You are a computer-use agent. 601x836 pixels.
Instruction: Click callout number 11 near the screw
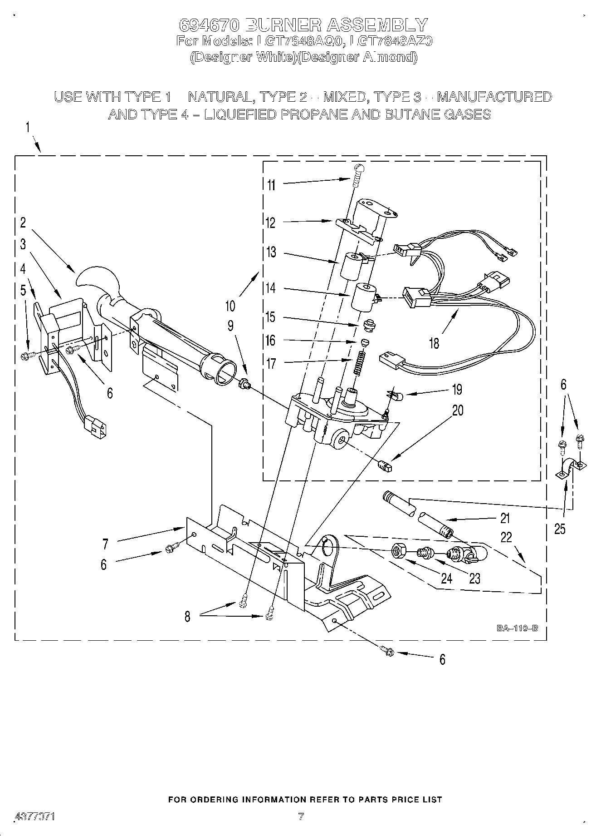(x=271, y=185)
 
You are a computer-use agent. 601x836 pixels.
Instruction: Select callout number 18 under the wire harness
(x=434, y=343)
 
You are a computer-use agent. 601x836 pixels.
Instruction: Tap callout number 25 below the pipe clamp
(x=560, y=529)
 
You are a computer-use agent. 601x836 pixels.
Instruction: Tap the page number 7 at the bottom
(x=300, y=816)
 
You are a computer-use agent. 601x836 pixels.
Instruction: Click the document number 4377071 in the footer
(x=35, y=816)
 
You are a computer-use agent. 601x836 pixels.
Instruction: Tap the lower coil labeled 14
(x=366, y=297)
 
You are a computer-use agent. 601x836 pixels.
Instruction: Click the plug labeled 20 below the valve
(x=385, y=465)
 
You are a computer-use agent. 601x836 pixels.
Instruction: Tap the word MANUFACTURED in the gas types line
(x=494, y=97)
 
